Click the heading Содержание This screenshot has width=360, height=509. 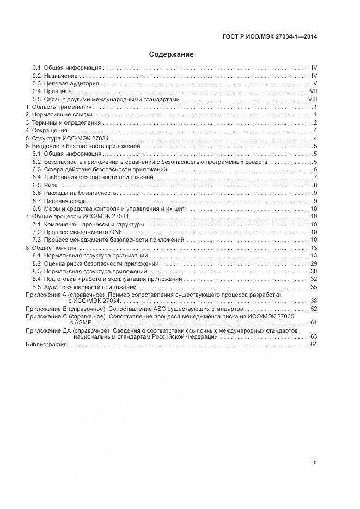172,54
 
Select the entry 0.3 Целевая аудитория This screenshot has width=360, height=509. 65,84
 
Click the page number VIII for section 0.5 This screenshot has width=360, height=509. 313,100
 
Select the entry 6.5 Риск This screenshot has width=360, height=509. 41,186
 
